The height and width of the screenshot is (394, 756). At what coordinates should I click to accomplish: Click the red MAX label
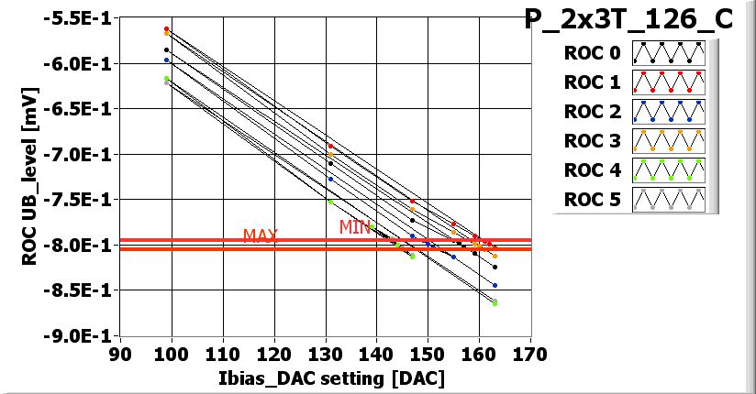coord(261,235)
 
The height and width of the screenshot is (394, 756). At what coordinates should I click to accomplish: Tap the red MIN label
coord(355,226)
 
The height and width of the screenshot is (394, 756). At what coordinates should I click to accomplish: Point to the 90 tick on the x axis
coord(116,354)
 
